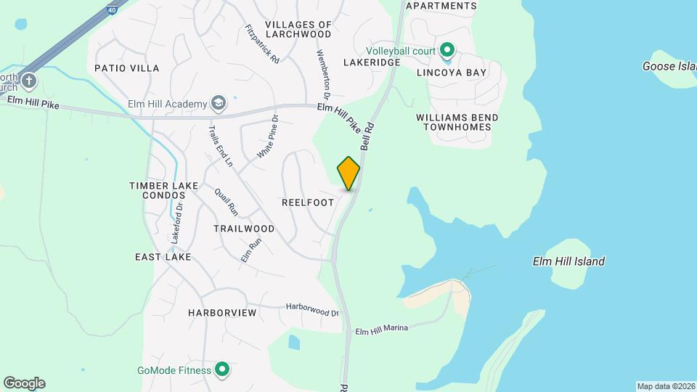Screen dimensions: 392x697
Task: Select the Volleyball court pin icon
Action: (x=447, y=51)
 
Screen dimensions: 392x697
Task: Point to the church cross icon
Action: (x=28, y=80)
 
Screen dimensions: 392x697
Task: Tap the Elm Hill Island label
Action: (x=568, y=261)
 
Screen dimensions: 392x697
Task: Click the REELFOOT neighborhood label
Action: (x=308, y=203)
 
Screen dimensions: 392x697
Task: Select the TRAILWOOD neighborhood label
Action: (x=244, y=228)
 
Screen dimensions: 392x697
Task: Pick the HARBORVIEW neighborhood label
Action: (x=222, y=313)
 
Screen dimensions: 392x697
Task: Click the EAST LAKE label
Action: (x=163, y=257)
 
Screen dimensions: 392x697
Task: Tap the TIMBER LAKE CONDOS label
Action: (x=164, y=191)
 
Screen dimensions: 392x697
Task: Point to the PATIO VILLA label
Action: (x=127, y=68)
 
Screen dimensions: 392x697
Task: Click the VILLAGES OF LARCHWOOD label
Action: (x=298, y=29)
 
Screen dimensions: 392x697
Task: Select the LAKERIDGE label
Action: (x=372, y=63)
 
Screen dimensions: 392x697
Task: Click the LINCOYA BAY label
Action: (x=459, y=73)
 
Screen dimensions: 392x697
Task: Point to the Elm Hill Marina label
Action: (x=381, y=329)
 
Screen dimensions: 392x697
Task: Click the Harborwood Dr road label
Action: (x=312, y=310)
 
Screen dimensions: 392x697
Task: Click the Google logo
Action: (x=25, y=383)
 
